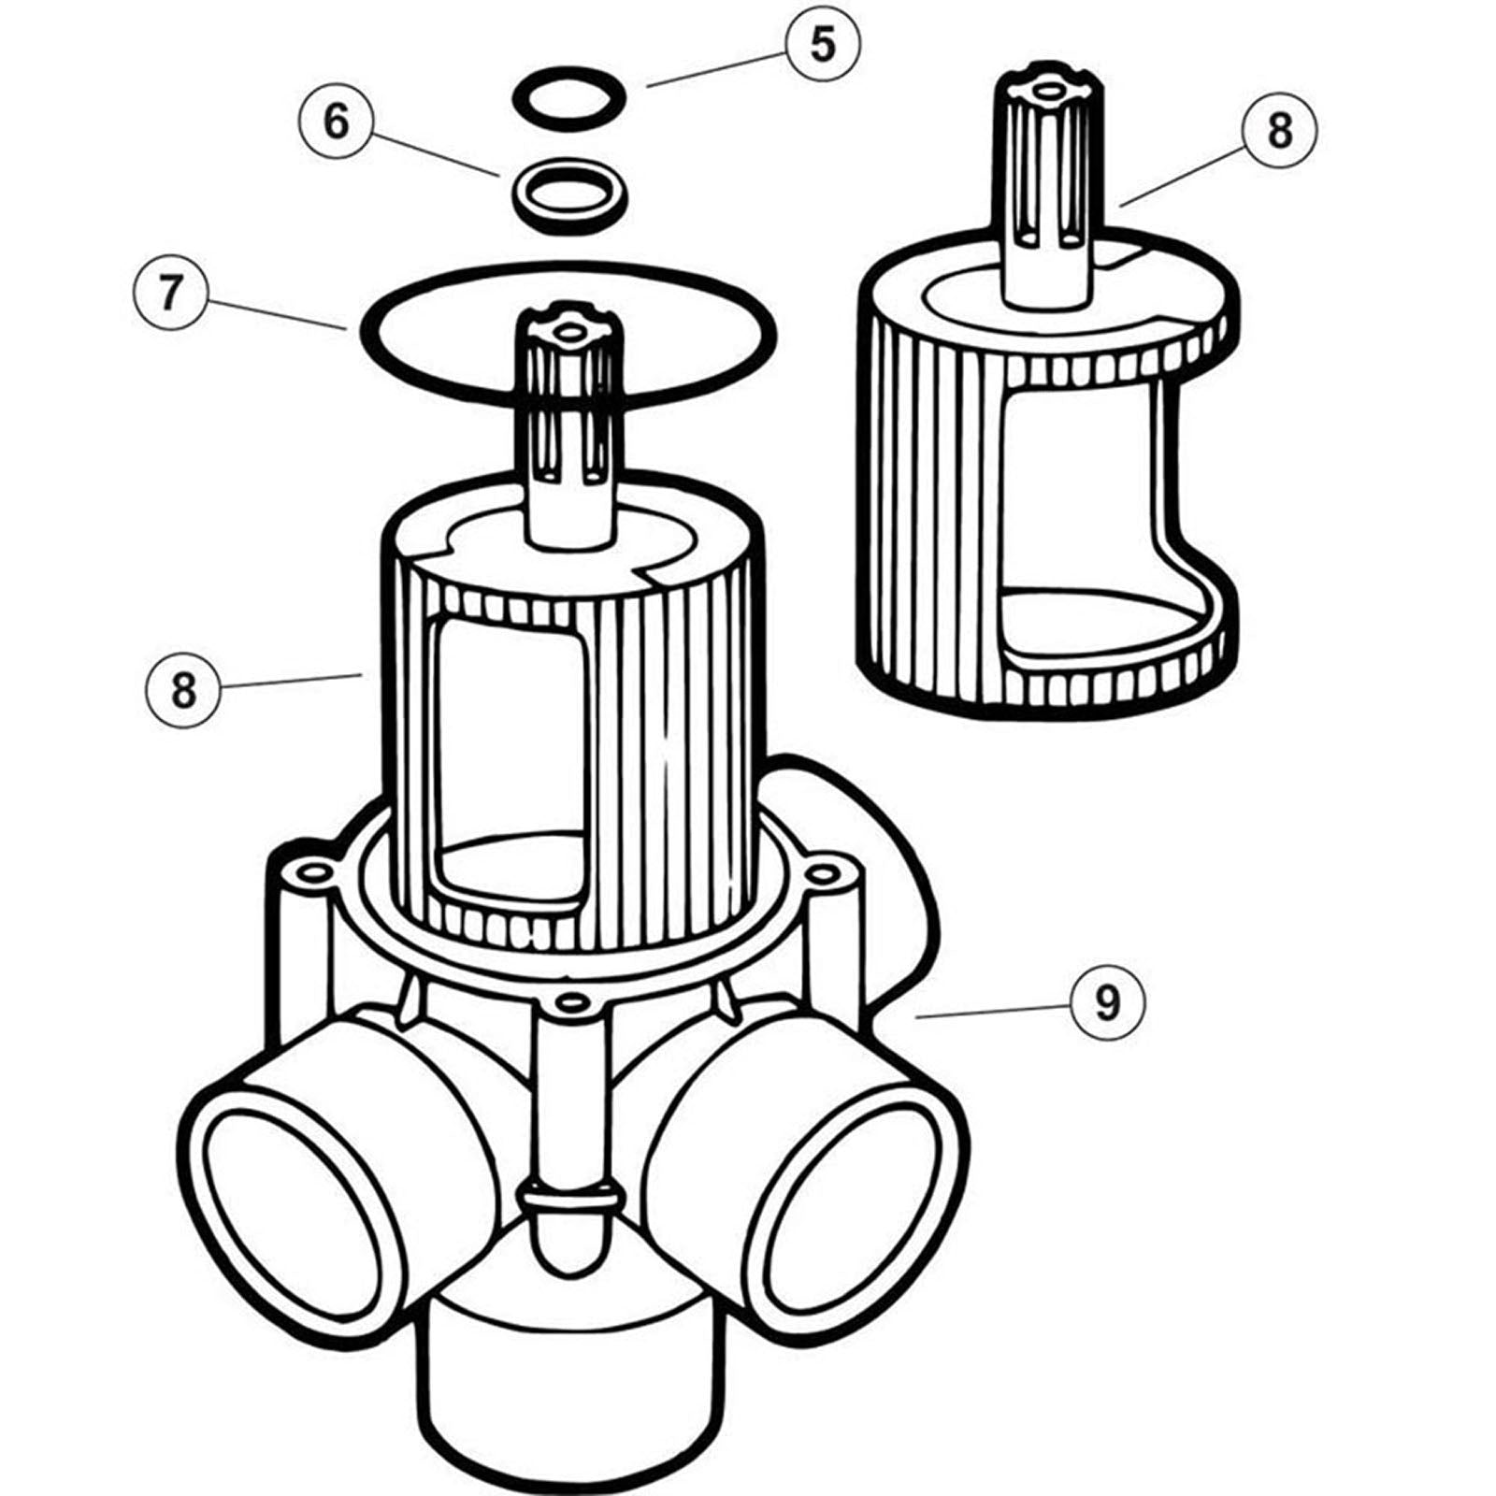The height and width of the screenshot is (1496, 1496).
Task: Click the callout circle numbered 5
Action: coord(822,45)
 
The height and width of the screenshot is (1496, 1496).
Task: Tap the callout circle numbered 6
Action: coord(337,122)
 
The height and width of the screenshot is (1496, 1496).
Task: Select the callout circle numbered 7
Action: coord(169,293)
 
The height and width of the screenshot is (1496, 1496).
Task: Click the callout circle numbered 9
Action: coord(1107,1003)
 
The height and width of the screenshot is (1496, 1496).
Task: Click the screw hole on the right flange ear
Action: coord(820,874)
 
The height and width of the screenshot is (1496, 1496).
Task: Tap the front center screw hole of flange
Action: coord(565,1002)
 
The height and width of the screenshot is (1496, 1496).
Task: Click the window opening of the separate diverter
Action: coord(1085,505)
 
